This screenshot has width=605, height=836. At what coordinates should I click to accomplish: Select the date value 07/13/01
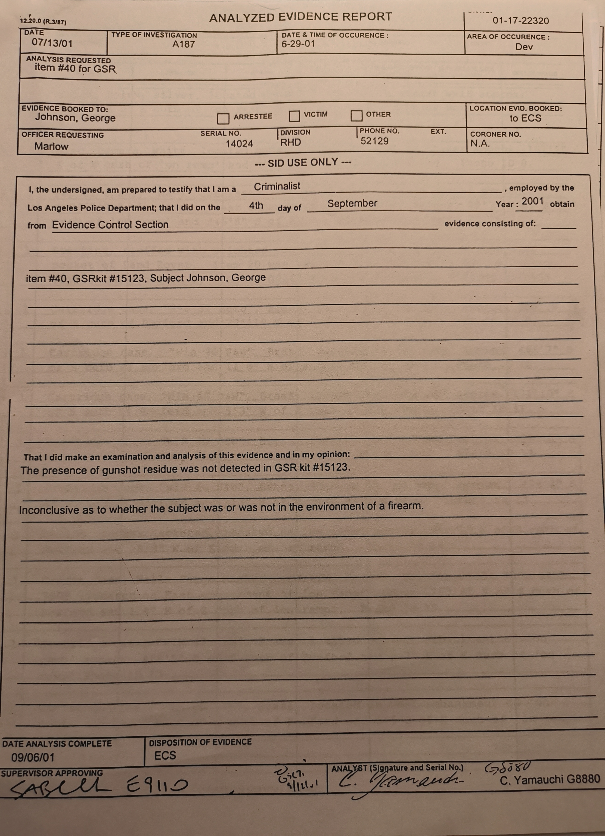(52, 43)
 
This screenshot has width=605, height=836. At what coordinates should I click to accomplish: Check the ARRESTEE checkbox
(223, 119)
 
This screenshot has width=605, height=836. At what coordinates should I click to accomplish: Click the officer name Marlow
(51, 147)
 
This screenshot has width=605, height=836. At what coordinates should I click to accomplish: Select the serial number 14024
(239, 144)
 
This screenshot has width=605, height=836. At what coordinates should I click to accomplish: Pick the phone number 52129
(374, 141)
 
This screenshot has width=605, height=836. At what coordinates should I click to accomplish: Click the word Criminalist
(277, 187)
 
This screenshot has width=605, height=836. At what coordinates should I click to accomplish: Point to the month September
(352, 204)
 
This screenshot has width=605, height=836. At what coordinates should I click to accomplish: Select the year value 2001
(532, 201)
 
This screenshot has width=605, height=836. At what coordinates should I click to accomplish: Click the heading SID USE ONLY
(303, 163)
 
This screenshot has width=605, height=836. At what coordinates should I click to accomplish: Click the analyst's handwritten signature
(400, 782)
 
